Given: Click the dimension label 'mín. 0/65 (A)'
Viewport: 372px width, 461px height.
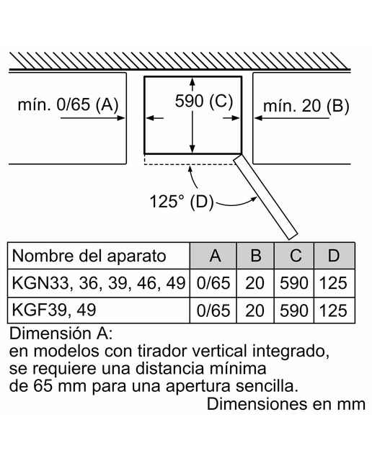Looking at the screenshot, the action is (68, 104).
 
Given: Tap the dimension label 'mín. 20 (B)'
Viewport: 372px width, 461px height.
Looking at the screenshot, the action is (306, 106).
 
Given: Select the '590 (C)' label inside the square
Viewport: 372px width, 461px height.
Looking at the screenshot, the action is (203, 102).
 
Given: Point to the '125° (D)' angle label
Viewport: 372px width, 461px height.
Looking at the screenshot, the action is (181, 202).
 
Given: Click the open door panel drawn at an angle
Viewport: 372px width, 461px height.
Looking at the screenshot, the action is (266, 197).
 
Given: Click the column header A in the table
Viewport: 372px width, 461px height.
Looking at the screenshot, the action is (215, 256).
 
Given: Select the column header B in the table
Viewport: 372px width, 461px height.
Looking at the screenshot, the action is (255, 256).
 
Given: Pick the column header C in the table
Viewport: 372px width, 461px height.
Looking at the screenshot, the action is (295, 256).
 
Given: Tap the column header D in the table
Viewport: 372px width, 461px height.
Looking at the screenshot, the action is (334, 256).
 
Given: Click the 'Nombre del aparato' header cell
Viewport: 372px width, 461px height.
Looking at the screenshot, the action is (89, 256).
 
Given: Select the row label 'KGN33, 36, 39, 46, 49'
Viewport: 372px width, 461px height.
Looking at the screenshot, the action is (99, 283).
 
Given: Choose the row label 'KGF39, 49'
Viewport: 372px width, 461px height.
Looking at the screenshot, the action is (54, 310).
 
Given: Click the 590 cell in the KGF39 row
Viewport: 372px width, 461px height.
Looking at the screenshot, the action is (293, 310).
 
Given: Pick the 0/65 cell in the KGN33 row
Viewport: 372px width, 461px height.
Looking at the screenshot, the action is (213, 283).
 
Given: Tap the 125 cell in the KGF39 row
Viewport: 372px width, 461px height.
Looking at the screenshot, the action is (334, 310).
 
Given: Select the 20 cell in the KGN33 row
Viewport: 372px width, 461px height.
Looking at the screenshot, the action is (255, 283).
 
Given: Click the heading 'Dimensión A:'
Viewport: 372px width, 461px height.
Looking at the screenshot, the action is (61, 334).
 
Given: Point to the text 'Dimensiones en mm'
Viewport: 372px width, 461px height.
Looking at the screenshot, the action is (286, 404).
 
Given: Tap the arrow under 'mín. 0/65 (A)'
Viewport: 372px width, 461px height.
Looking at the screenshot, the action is (93, 118).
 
